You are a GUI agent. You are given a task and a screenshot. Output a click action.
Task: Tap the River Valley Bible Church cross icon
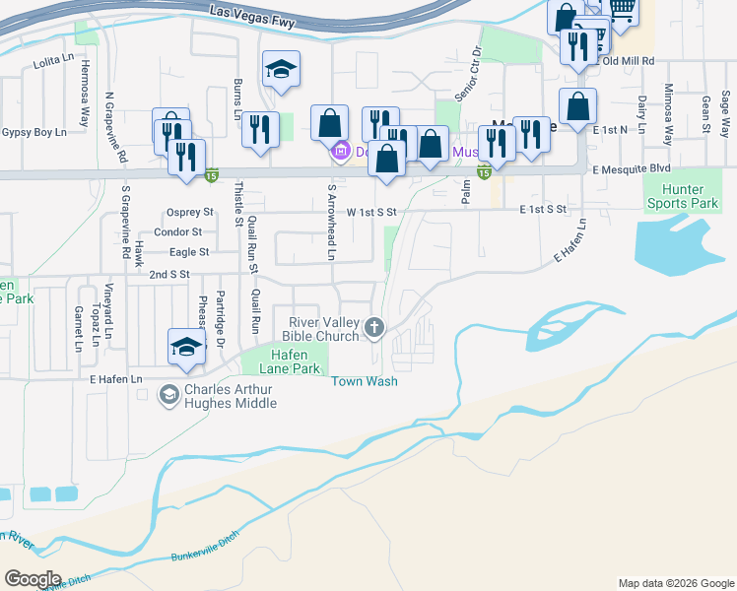(x=374, y=328)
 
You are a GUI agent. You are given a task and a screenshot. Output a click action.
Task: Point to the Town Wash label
(x=365, y=381)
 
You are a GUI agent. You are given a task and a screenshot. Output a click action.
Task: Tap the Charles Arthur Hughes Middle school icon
(x=168, y=394)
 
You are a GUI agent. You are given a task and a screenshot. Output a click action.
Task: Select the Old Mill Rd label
(x=629, y=61)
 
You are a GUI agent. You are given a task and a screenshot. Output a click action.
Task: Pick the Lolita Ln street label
(x=54, y=61)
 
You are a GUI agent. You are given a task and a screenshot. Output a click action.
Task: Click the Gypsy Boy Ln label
(x=33, y=132)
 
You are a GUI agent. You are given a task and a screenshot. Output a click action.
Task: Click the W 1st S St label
(x=371, y=212)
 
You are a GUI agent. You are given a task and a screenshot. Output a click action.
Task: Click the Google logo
(x=33, y=579)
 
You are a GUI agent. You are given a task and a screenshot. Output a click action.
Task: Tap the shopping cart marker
(x=621, y=10)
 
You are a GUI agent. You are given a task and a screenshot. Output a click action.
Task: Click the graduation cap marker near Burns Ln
(x=281, y=69)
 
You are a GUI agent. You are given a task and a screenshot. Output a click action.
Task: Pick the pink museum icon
(x=341, y=152)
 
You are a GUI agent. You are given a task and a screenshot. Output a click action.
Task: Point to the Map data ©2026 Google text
(x=675, y=583)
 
